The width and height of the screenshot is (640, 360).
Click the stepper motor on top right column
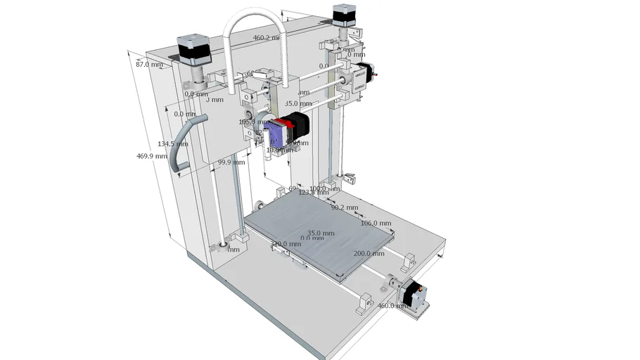tap(343, 16)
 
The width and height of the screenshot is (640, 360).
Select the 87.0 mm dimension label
tap(148, 65)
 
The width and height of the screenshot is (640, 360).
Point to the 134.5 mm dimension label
tap(172, 144)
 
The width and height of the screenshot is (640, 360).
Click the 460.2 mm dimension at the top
tap(267, 38)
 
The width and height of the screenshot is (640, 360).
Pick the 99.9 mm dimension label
tap(231, 162)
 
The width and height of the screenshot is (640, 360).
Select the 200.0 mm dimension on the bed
tap(369, 254)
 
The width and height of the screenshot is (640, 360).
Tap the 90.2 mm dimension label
tap(344, 208)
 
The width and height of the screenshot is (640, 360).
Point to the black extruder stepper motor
tap(298, 125)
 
